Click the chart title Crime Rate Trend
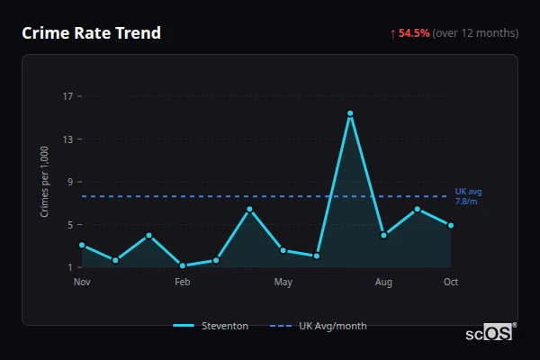point(92,33)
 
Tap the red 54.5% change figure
point(414,33)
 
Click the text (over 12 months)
point(475,33)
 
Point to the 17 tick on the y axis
point(68,96)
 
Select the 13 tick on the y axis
point(68,139)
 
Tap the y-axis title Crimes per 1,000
point(44,181)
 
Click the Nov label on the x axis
point(82,283)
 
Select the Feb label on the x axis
point(183,283)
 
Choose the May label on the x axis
point(283,283)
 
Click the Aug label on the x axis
point(383,283)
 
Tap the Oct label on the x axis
point(451,283)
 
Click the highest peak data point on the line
point(350,113)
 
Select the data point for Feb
point(183,265)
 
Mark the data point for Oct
point(451,225)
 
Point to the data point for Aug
point(383,235)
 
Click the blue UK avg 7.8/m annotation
point(468,196)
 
